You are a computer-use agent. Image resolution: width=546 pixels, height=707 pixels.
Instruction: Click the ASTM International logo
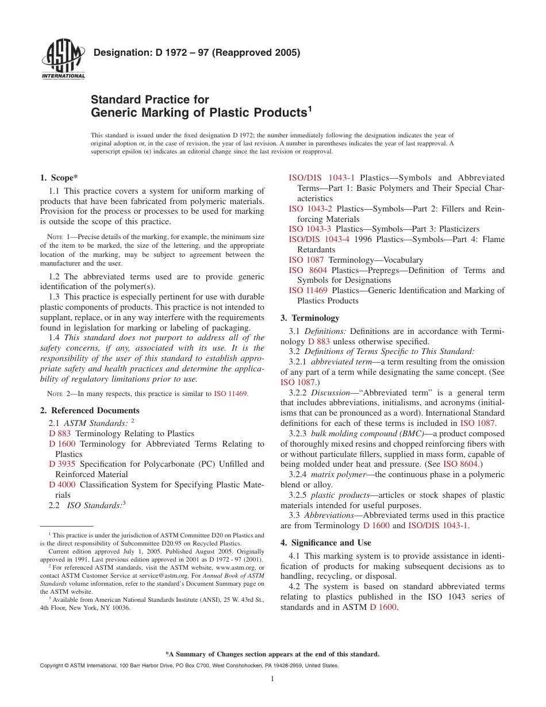coord(63,60)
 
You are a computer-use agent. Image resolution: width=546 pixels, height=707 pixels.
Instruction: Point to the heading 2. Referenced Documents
coord(90,410)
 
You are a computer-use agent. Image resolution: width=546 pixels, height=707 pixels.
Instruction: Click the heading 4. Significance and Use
coord(325,543)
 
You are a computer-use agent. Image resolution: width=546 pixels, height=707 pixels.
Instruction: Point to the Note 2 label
coord(57,394)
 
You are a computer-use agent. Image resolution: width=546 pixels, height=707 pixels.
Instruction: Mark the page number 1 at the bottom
coord(272,679)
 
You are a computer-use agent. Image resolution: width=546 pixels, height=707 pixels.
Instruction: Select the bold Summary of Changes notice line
coord(272,654)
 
